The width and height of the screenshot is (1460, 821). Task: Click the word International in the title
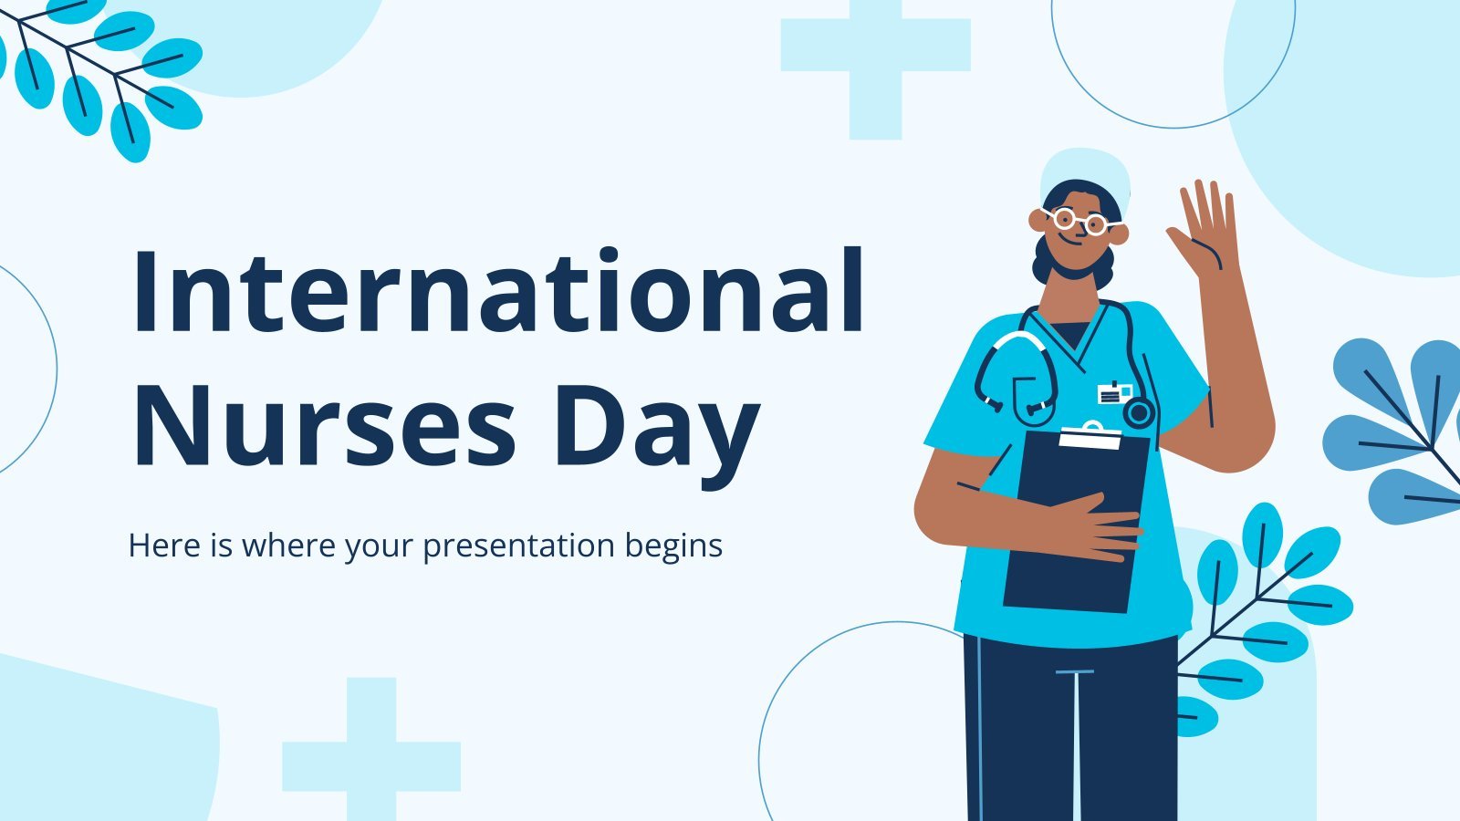pos(498,290)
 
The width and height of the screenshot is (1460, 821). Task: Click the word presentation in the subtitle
pos(519,546)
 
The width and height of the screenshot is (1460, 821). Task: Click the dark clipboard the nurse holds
pos(1076,520)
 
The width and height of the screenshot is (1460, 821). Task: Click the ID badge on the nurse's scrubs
pos(1114,393)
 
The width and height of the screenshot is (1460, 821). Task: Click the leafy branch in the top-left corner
pos(98,72)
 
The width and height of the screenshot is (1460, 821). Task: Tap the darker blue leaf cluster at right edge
pos(1395,430)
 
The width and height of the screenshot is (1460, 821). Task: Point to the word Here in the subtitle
pos(165,546)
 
